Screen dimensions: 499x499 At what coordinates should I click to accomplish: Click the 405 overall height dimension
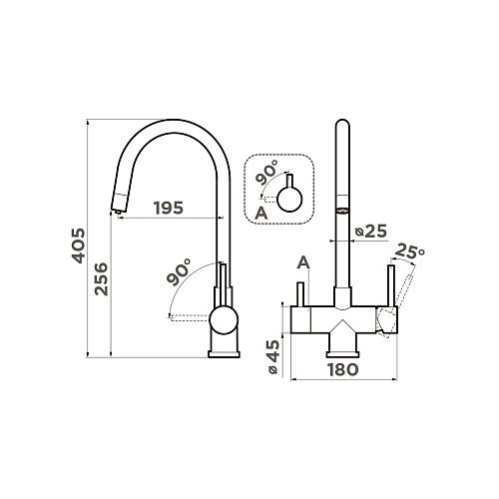click(79, 246)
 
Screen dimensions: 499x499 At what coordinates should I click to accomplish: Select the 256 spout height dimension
click(101, 278)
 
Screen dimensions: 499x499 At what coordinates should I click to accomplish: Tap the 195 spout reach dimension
click(169, 208)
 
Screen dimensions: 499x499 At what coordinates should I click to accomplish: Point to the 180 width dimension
click(343, 369)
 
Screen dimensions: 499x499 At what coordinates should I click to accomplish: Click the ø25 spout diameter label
click(371, 231)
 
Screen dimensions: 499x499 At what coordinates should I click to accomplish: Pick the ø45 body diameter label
click(274, 357)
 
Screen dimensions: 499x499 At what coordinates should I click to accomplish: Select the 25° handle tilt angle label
click(411, 251)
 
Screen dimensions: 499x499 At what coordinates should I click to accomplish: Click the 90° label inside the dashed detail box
click(266, 172)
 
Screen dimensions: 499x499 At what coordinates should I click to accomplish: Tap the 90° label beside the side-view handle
click(179, 271)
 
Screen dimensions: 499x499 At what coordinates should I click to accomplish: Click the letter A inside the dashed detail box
click(261, 214)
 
